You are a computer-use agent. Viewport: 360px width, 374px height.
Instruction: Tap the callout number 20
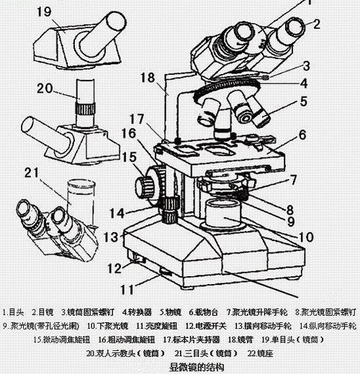pos(45,88)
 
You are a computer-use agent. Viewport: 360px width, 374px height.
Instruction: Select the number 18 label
pos(148,77)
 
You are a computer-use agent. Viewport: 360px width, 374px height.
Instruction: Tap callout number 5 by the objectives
pos(304,101)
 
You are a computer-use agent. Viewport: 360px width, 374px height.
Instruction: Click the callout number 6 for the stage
pos(302,134)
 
